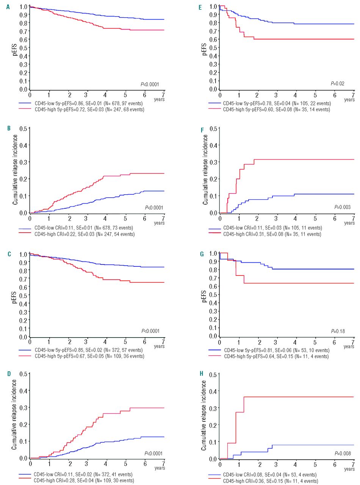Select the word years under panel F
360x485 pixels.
349,223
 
